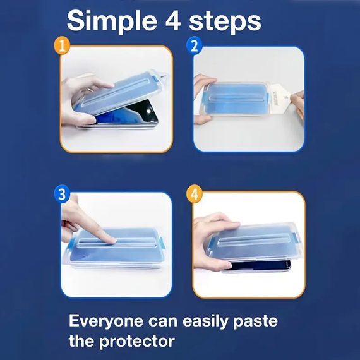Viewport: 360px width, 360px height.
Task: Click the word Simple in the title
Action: (112, 21)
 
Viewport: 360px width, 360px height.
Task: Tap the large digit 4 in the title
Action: (173, 21)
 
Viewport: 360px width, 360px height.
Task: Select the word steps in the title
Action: (225, 22)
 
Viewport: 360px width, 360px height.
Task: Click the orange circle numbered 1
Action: (62, 45)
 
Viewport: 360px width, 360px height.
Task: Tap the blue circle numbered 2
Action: (195, 45)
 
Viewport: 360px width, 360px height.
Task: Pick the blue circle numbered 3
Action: (62, 195)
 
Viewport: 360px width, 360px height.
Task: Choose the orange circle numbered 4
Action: (195, 195)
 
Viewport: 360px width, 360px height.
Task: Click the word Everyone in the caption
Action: (106, 321)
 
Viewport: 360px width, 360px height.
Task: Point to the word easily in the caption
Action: (206, 321)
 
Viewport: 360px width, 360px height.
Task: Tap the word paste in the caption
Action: (256, 322)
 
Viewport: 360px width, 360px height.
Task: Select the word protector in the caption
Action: (137, 342)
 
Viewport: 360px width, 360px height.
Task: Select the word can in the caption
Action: (163, 321)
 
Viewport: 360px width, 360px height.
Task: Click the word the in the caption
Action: (81, 341)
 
